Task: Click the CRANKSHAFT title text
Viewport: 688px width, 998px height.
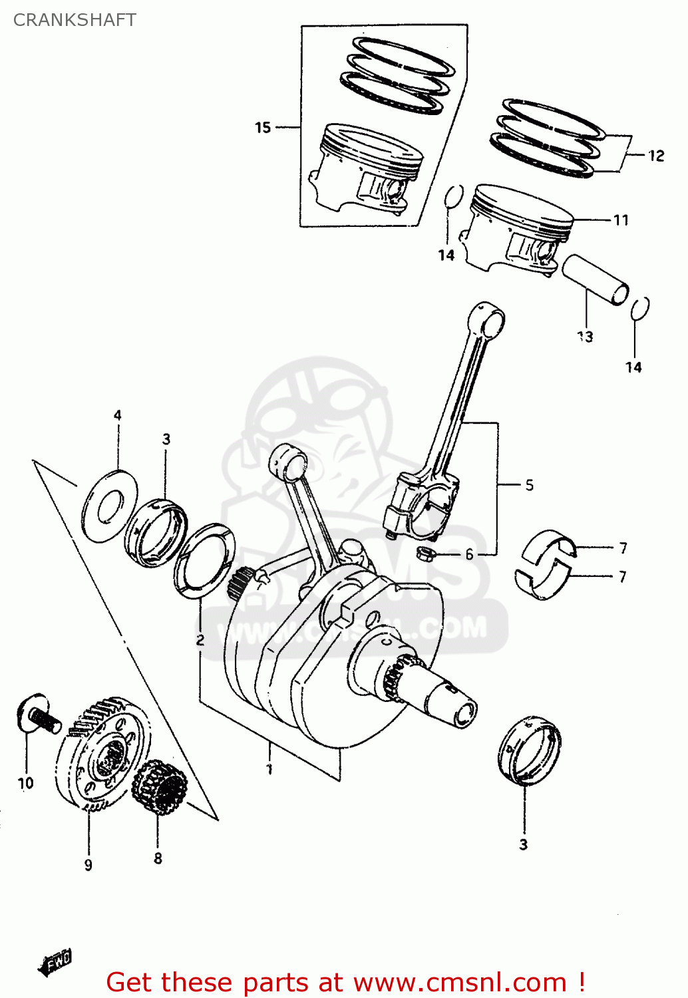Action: pyautogui.click(x=75, y=20)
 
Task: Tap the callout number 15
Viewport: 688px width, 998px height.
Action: pyautogui.click(x=263, y=127)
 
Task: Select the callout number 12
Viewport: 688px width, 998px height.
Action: pyautogui.click(x=656, y=156)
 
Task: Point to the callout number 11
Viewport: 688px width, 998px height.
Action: pyautogui.click(x=621, y=220)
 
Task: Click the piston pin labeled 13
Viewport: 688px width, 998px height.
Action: pyautogui.click(x=595, y=279)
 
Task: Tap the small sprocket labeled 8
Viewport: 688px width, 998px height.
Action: pyautogui.click(x=160, y=788)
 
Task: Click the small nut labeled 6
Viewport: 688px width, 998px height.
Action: pyautogui.click(x=424, y=552)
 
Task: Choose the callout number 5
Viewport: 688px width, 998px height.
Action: pyautogui.click(x=529, y=485)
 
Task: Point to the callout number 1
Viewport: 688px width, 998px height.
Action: pyautogui.click(x=269, y=769)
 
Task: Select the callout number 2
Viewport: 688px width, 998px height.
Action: pyautogui.click(x=200, y=640)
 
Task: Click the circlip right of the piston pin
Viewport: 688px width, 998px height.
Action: pyautogui.click(x=640, y=308)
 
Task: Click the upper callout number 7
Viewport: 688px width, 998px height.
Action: pyautogui.click(x=623, y=548)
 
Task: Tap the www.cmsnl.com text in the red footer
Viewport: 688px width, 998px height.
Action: pyautogui.click(x=459, y=982)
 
